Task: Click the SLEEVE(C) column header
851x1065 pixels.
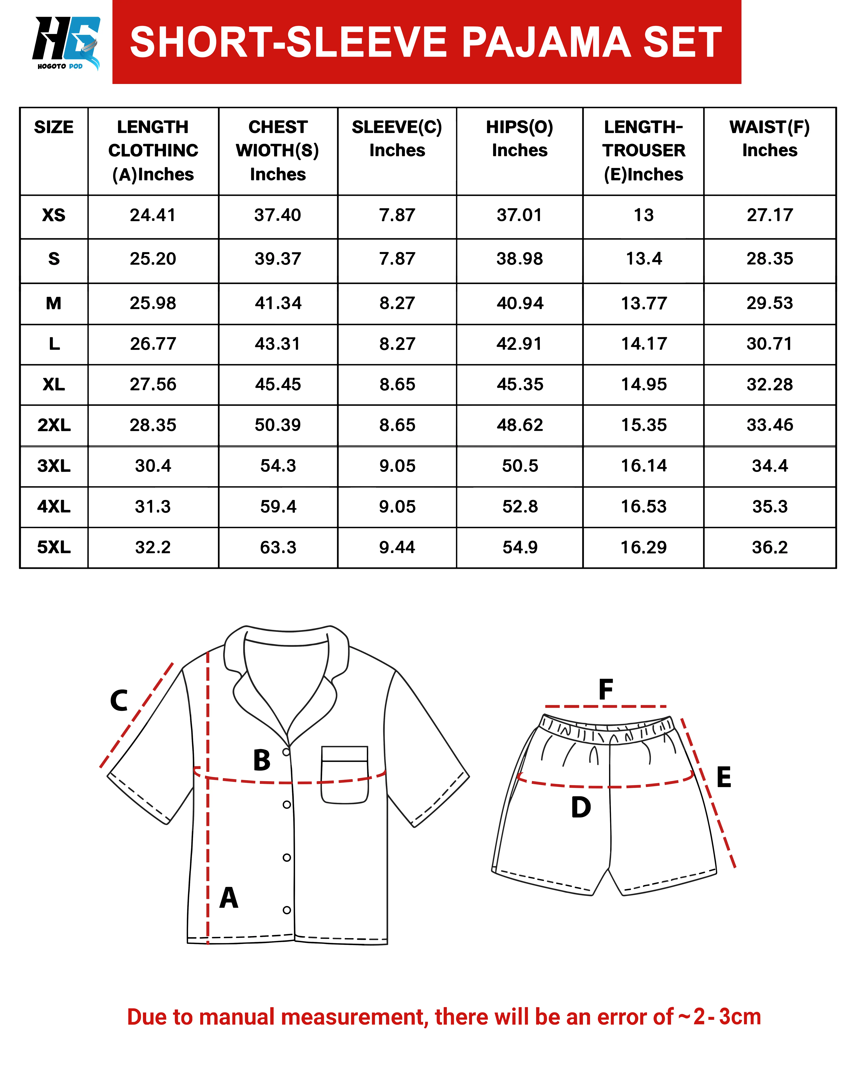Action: click(397, 139)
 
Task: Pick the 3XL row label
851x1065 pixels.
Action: click(54, 466)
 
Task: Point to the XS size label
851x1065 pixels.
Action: click(54, 215)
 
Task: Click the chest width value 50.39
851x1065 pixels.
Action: click(278, 425)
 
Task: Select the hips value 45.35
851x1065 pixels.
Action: click(520, 384)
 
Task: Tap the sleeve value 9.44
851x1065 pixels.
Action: click(397, 547)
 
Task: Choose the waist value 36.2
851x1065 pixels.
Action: click(770, 547)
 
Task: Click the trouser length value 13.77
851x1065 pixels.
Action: click(643, 303)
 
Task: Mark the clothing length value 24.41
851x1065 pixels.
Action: click(153, 215)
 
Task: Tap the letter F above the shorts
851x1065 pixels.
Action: click(606, 690)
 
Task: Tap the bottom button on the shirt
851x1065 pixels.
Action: click(287, 910)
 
